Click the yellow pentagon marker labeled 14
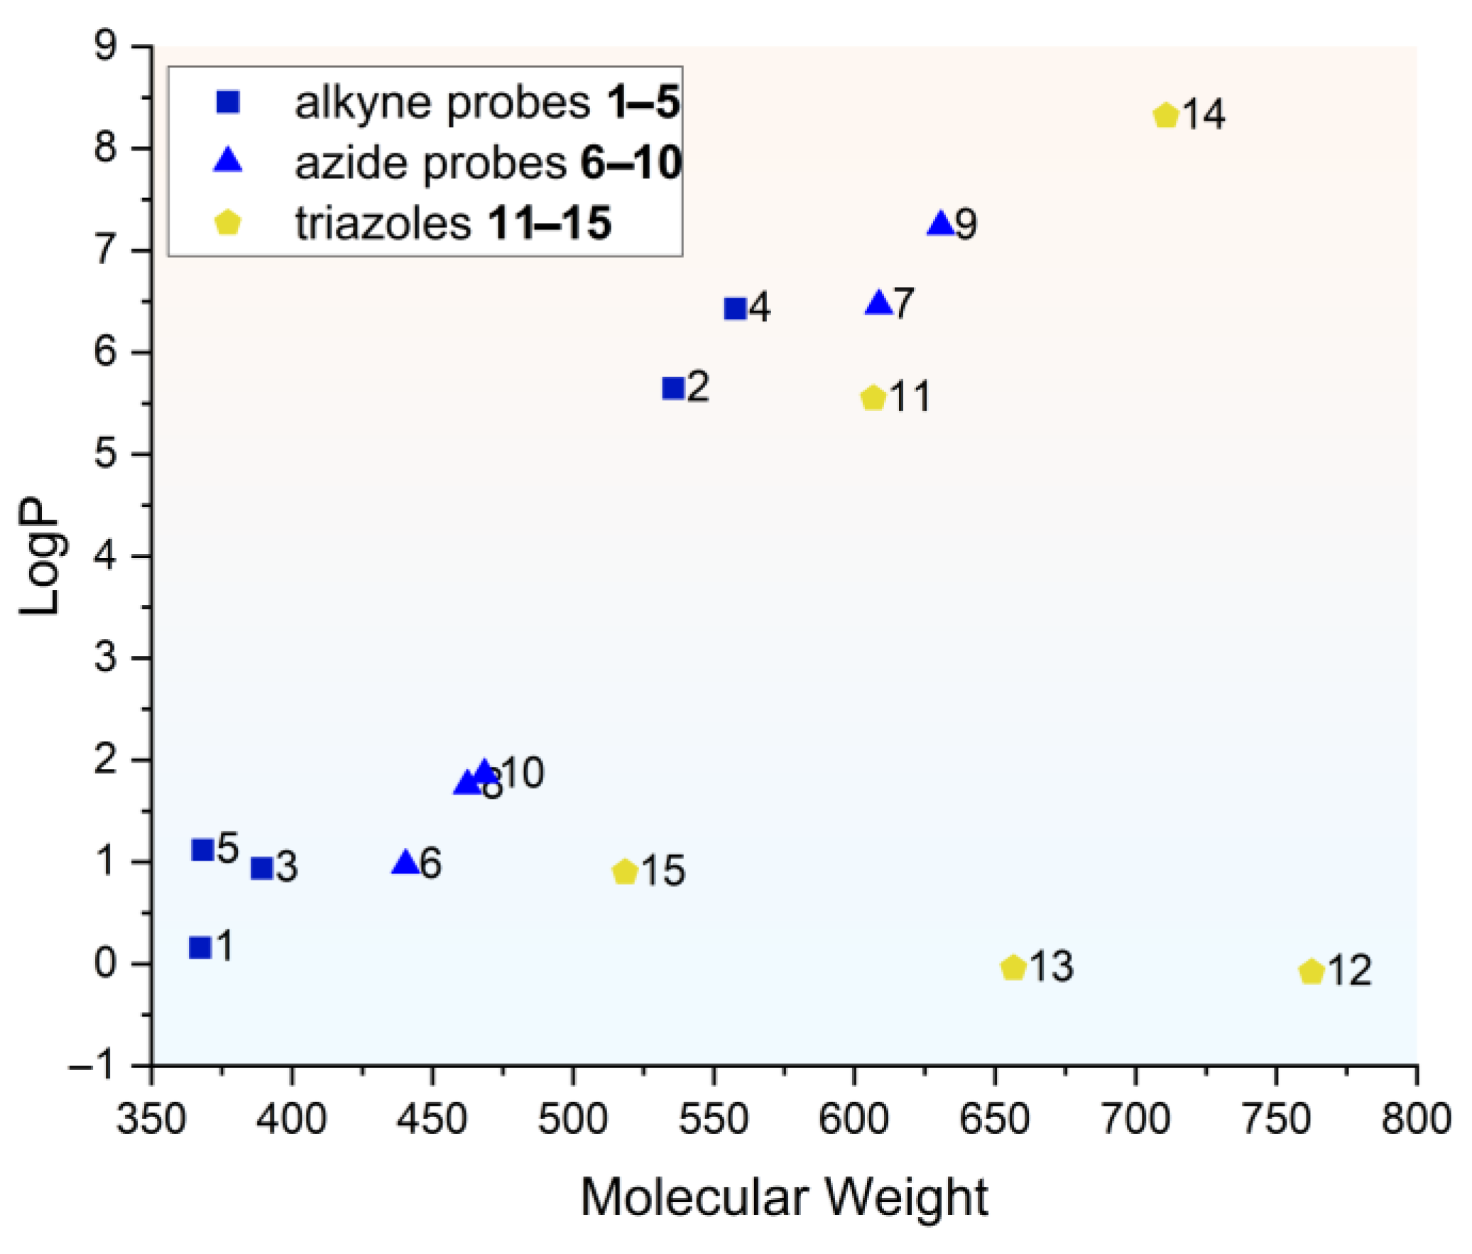1166,115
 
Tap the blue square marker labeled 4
735,308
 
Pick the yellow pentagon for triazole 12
1312,971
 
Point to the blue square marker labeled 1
200,947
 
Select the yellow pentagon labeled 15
624,871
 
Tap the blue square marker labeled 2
672,388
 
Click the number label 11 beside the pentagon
910,397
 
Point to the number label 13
1052,966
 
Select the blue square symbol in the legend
228,102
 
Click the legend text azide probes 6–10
487,163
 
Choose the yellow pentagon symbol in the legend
228,222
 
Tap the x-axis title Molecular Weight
784,1197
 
